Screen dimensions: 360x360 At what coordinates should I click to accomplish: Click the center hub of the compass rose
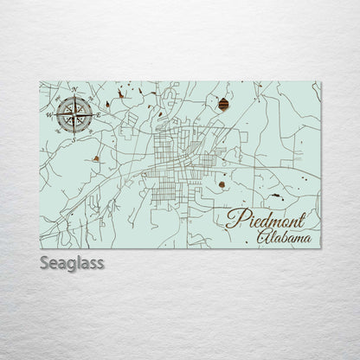(75, 113)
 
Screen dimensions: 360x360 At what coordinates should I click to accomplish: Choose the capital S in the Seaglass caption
(44, 261)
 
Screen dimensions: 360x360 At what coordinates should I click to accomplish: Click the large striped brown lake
(224, 105)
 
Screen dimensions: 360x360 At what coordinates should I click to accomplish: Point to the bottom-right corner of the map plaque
(320, 247)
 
